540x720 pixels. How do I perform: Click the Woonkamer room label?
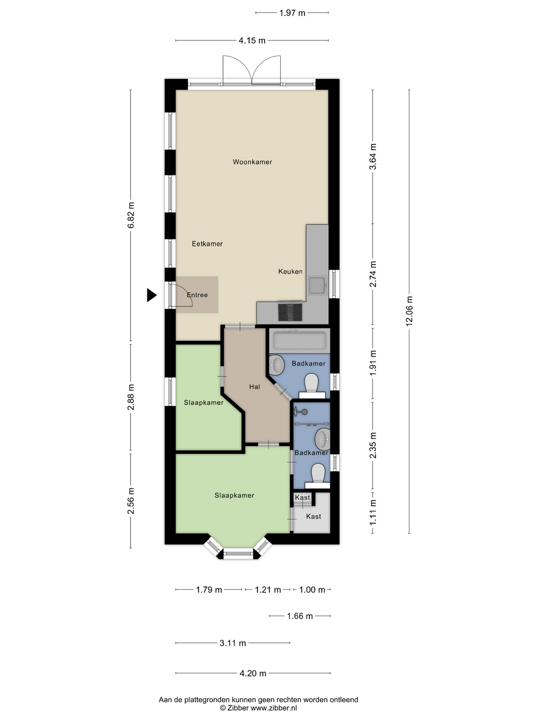[252, 162]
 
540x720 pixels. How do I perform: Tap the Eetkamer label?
[207, 244]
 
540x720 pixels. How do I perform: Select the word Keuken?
[290, 271]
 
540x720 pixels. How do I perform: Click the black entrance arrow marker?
[151, 295]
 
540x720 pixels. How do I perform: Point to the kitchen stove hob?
[290, 312]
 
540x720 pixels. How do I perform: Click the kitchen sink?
[318, 285]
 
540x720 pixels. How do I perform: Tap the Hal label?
[254, 387]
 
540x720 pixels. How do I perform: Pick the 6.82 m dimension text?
[131, 215]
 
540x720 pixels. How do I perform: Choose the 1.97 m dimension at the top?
[292, 13]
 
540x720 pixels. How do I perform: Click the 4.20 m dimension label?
[253, 673]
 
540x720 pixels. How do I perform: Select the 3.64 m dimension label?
[373, 157]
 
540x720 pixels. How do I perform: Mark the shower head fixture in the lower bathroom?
[301, 412]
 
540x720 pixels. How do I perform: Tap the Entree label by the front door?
[197, 295]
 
